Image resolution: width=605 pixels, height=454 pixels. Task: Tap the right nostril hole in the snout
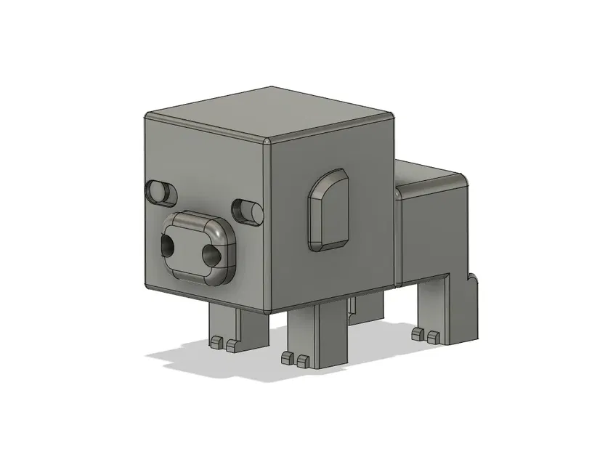pyautogui.click(x=211, y=255)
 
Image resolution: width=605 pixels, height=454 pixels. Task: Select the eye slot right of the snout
pyautogui.click(x=248, y=211)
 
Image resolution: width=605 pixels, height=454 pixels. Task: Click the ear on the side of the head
pyautogui.click(x=331, y=210)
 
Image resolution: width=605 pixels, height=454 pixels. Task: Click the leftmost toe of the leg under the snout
pyautogui.click(x=216, y=341)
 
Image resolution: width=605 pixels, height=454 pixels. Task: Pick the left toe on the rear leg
pyautogui.click(x=418, y=333)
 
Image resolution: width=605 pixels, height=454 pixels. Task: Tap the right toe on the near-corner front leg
pyautogui.click(x=303, y=358)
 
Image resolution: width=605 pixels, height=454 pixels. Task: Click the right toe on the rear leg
pyautogui.click(x=433, y=336)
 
